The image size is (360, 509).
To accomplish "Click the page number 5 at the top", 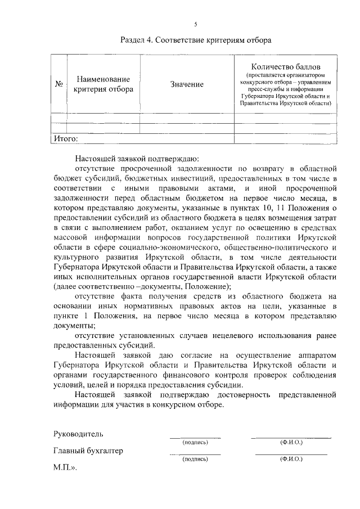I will pos(196,24).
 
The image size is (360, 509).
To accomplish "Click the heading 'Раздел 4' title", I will pos(196,40).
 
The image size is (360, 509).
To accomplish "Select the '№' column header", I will pos(58,84).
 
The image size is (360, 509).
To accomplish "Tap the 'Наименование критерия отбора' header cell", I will pos(103,84).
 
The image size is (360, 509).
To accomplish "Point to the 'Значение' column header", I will pos(187,84).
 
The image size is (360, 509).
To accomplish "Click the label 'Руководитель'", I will pos(78,434).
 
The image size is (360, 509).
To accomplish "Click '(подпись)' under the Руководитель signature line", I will pos(195,443).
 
